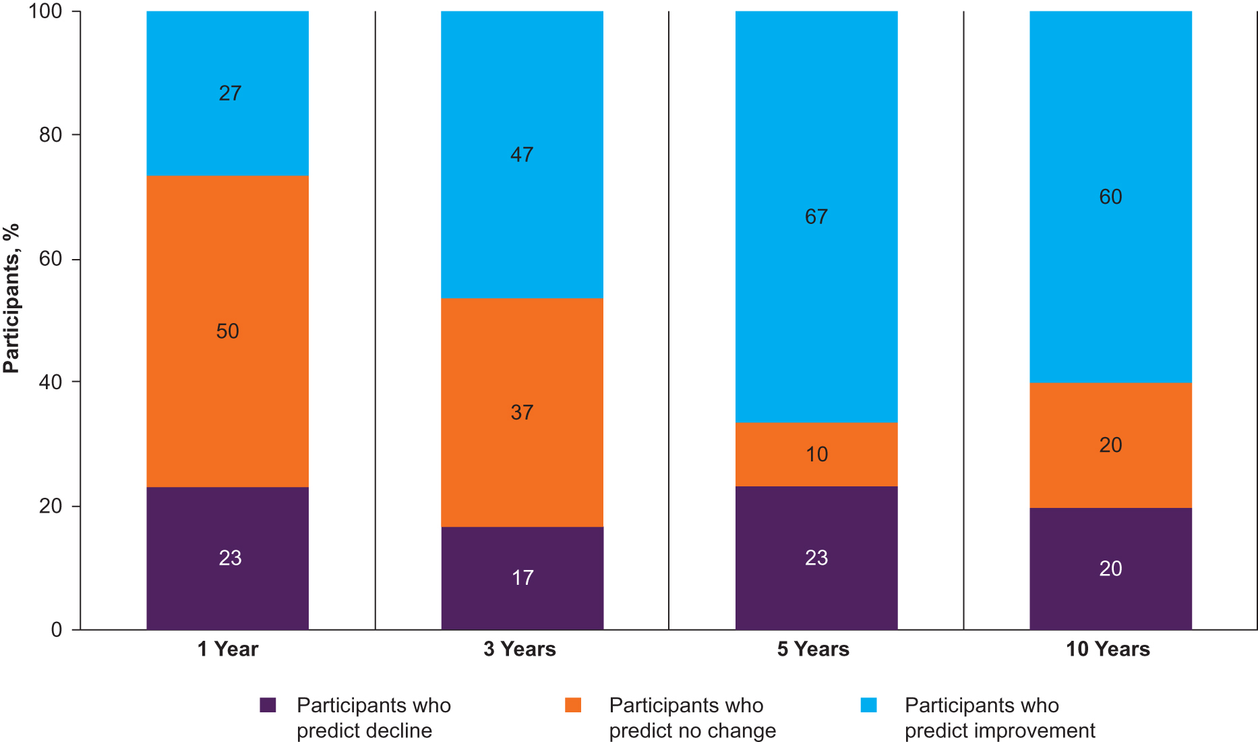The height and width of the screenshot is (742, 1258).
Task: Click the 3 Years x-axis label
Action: pos(520,649)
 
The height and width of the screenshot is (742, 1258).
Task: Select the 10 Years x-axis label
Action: pos(1108,649)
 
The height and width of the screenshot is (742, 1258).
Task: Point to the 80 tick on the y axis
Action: pos(51,135)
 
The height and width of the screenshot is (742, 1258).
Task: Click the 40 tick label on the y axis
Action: pos(51,382)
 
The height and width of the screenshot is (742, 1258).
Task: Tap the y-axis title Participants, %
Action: pos(11,298)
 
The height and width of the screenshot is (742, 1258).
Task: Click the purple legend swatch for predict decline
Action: pos(268,706)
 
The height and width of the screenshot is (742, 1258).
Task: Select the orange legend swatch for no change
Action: pos(573,706)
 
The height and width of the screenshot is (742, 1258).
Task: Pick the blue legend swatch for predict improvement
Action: pos(869,706)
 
